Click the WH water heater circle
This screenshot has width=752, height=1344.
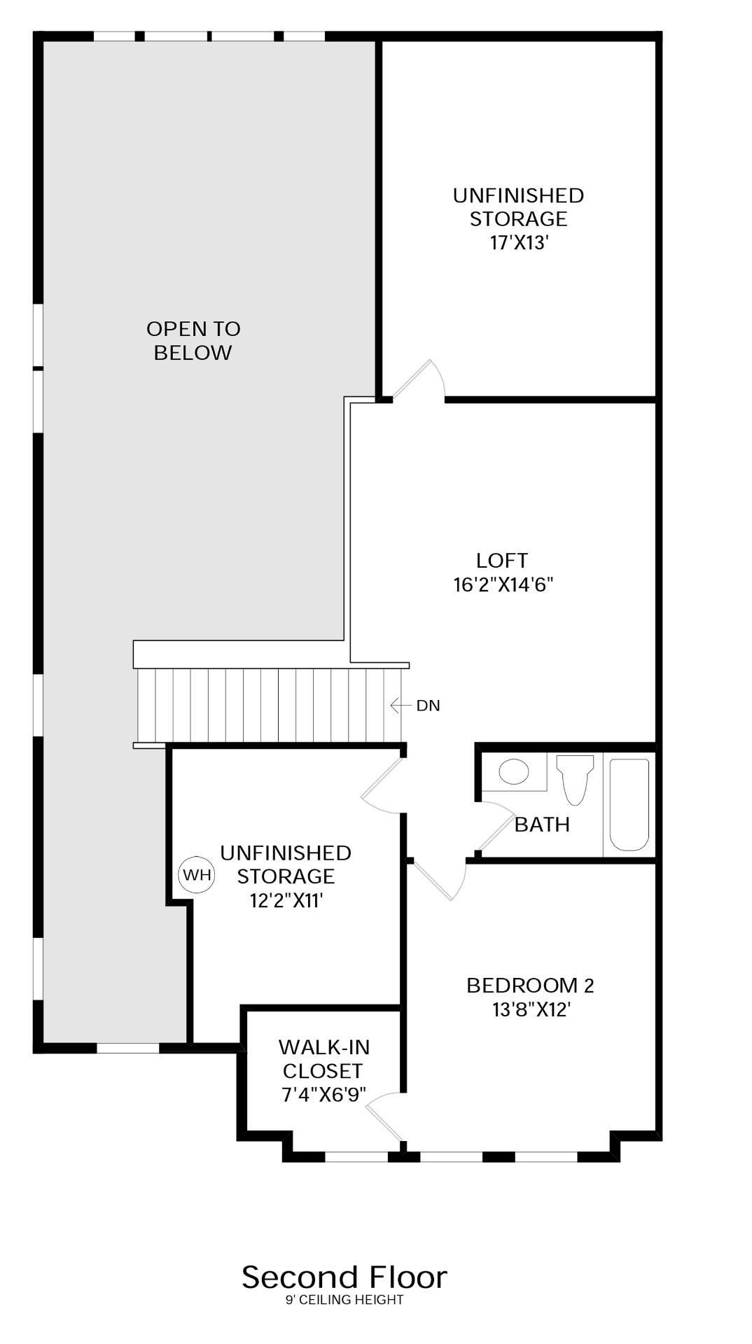(x=197, y=874)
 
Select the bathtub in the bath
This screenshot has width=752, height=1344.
(x=629, y=804)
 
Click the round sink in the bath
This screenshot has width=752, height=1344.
(x=514, y=772)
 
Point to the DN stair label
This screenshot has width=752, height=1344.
(x=428, y=706)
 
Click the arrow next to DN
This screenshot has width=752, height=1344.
(x=401, y=706)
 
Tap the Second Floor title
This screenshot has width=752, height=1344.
(x=344, y=1277)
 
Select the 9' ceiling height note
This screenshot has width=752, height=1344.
(x=344, y=1300)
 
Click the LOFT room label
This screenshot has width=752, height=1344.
(x=502, y=561)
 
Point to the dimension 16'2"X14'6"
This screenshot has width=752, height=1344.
(x=503, y=584)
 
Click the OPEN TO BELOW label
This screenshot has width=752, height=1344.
(x=193, y=340)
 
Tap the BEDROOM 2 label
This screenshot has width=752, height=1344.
(x=530, y=986)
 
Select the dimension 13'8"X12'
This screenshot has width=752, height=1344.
(x=531, y=1009)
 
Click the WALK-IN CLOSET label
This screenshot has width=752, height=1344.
(x=323, y=1059)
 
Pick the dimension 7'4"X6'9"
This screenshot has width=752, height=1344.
(x=323, y=1095)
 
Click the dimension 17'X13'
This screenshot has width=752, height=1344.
(x=519, y=243)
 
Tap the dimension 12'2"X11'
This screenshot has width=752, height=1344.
(x=286, y=900)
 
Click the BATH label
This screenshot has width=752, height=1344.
(x=542, y=825)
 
